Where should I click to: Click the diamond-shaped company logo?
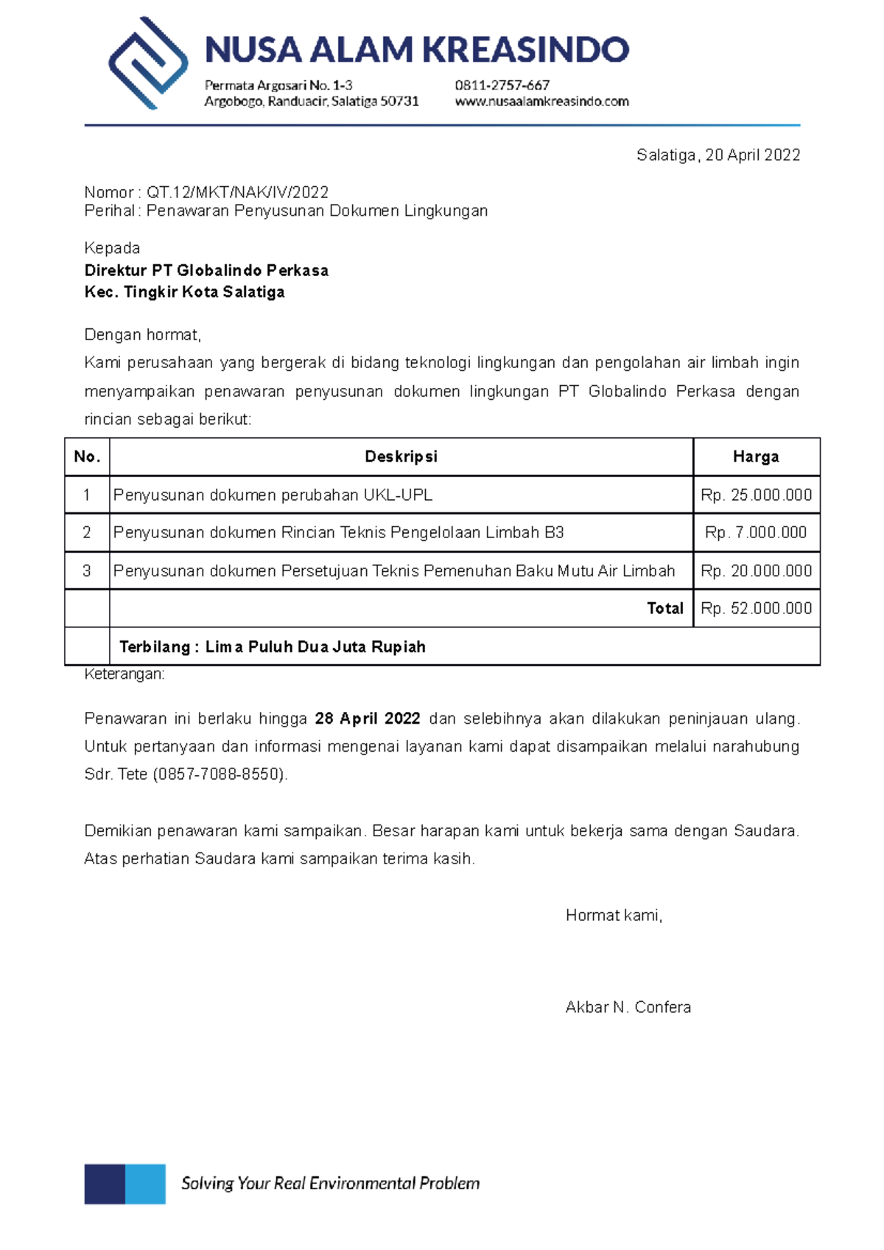[148, 63]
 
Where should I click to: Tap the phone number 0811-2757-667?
[502, 85]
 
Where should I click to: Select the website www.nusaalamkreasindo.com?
[541, 102]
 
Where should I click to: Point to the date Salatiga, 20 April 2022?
[718, 155]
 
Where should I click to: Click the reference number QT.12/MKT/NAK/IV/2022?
[237, 192]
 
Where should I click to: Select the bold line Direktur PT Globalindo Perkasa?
[206, 270]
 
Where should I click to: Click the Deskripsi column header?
[401, 456]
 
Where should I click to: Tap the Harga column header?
[756, 456]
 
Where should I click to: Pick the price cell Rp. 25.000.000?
[756, 495]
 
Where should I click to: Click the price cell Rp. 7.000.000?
[756, 532]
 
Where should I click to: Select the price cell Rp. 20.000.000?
[756, 571]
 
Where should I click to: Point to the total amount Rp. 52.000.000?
[756, 608]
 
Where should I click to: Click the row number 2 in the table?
[87, 532]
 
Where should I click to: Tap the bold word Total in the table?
[664, 608]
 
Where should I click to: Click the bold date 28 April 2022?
[367, 718]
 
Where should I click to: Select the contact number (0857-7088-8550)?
[220, 774]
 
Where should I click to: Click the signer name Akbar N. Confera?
[628, 1007]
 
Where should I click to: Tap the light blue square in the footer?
[145, 1184]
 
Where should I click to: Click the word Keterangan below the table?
[124, 674]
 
